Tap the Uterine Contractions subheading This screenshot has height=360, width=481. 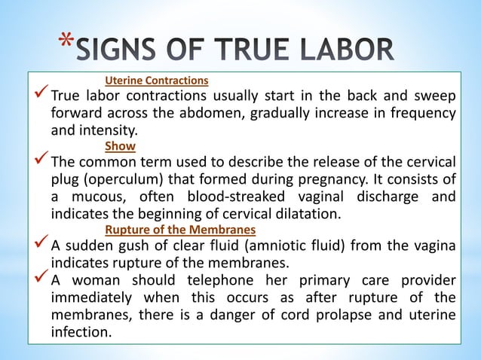(x=157, y=79)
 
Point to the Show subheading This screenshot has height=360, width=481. (x=120, y=145)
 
